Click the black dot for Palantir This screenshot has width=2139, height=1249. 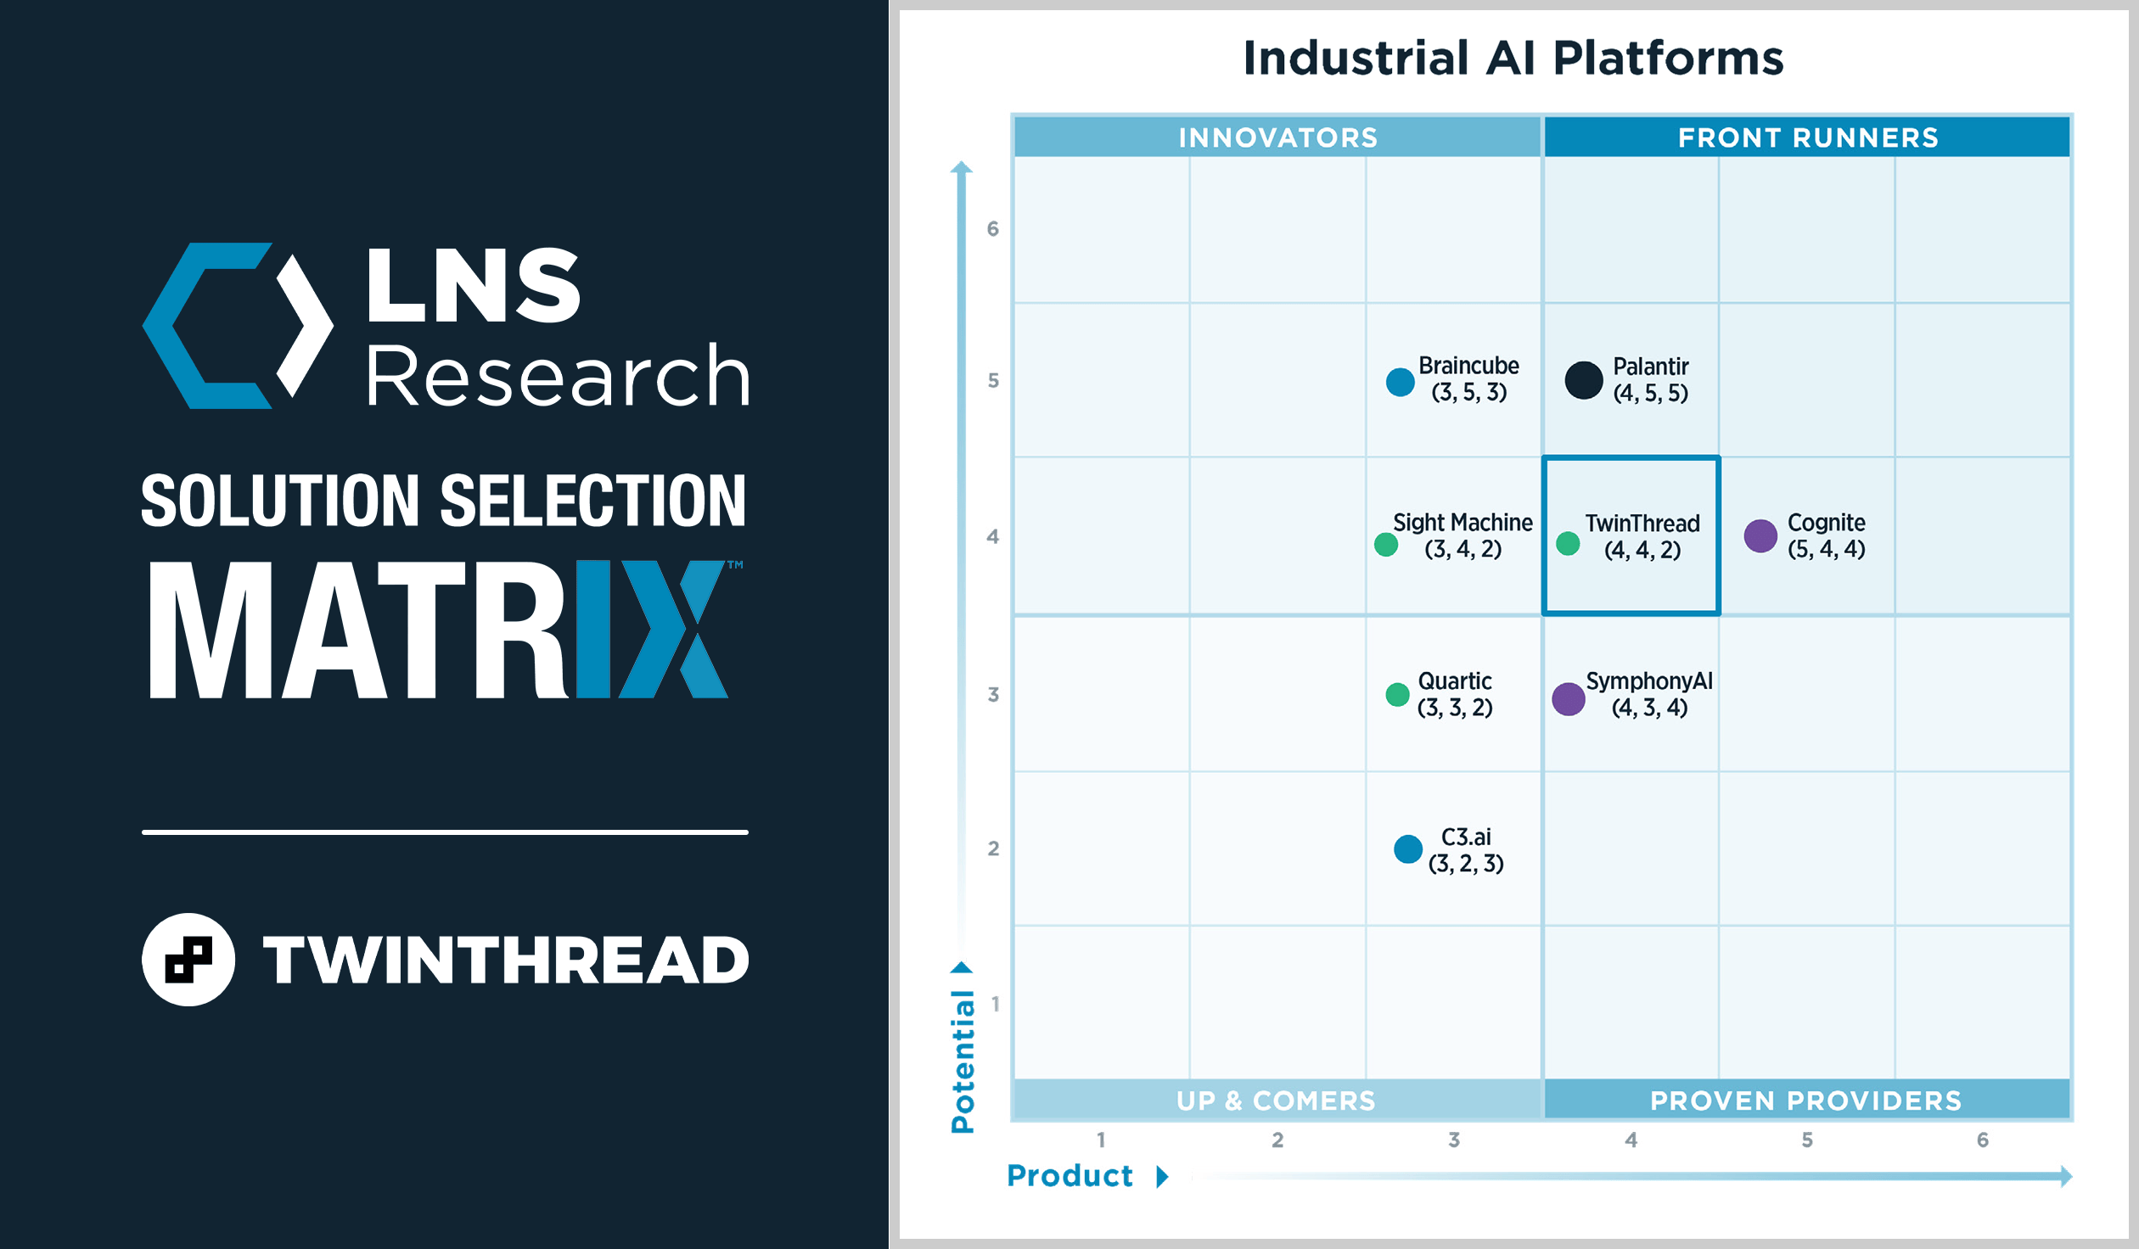1583,380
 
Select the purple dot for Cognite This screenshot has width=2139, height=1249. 1760,536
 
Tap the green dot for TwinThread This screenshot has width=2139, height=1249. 1568,544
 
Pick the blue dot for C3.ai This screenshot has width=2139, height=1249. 1408,849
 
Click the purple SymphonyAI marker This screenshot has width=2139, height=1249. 1569,699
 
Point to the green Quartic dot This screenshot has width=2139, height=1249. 1397,695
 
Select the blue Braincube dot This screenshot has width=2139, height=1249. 1400,382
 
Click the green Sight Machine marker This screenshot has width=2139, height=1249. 1386,545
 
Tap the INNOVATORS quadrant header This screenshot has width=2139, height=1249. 1277,137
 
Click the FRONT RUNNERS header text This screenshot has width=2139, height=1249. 1808,137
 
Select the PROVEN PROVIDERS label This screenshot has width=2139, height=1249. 1805,1101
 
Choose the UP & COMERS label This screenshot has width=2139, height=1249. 1276,1101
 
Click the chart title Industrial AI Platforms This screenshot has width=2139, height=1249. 1513,58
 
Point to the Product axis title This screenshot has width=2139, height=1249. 1069,1176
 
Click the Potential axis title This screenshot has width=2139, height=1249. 963,1061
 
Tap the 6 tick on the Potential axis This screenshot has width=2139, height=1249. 993,229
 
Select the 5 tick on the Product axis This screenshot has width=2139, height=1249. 1807,1140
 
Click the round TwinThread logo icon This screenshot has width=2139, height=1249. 188,960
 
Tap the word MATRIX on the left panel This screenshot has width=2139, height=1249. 437,630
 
